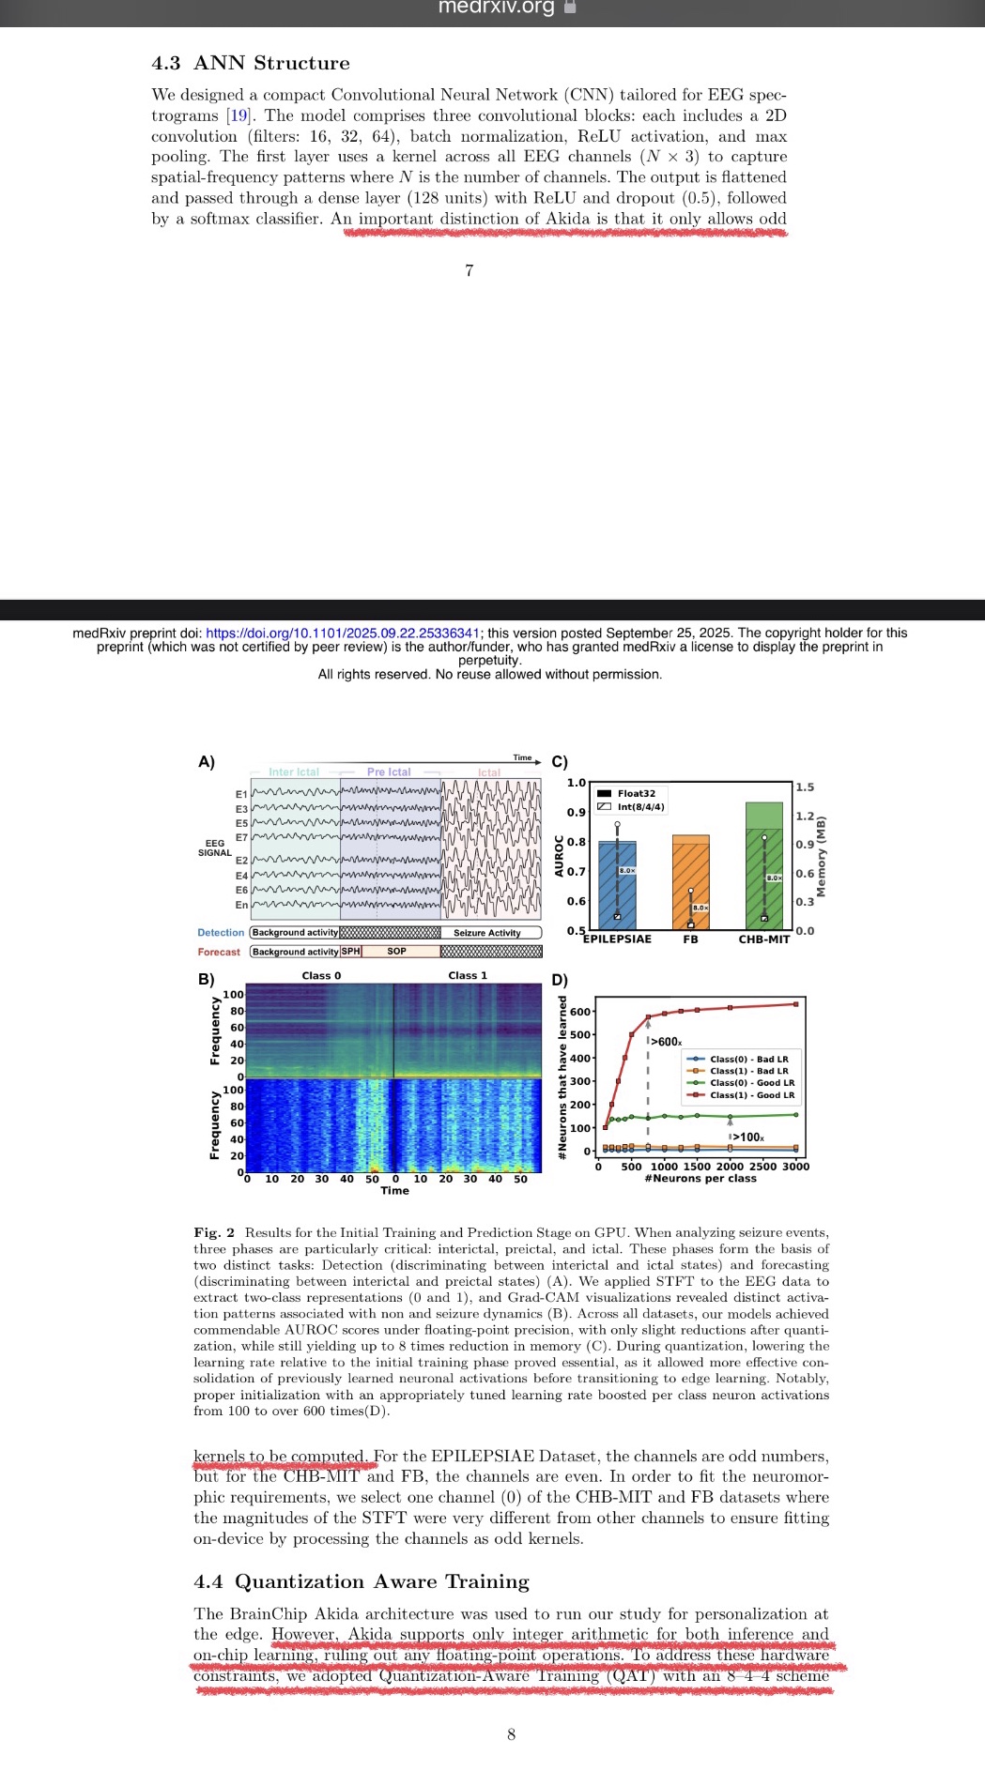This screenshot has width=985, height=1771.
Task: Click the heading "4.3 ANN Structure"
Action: pyautogui.click(x=251, y=63)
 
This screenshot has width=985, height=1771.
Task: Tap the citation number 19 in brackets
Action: pyautogui.click(x=239, y=115)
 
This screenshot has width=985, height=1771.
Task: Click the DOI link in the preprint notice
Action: pyautogui.click(x=343, y=634)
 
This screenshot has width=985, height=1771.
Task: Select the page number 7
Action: pyautogui.click(x=469, y=270)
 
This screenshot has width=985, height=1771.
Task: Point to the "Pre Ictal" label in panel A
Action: pyautogui.click(x=389, y=772)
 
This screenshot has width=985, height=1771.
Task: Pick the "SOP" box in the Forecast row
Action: pyautogui.click(x=397, y=952)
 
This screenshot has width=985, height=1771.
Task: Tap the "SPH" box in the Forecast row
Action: pyautogui.click(x=350, y=952)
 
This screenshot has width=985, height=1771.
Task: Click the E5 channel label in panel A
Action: pyautogui.click(x=241, y=823)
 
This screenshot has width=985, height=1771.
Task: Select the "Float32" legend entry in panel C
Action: pyautogui.click(x=636, y=794)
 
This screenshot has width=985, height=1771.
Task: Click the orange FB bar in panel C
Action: pyautogui.click(x=690, y=882)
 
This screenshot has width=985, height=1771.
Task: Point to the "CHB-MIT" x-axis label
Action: pyautogui.click(x=764, y=939)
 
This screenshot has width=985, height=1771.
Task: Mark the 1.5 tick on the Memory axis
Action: pyautogui.click(x=805, y=787)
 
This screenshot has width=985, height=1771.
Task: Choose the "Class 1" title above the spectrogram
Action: pyautogui.click(x=468, y=976)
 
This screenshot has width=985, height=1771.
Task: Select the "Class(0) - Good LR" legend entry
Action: pyautogui.click(x=751, y=1083)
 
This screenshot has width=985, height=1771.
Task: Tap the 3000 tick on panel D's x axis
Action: pyautogui.click(x=795, y=1167)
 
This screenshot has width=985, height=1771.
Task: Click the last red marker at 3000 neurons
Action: pyautogui.click(x=796, y=1004)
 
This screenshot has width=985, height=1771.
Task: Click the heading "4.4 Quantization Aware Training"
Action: pyautogui.click(x=362, y=1581)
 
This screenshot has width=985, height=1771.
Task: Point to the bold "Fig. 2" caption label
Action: pyautogui.click(x=214, y=1232)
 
